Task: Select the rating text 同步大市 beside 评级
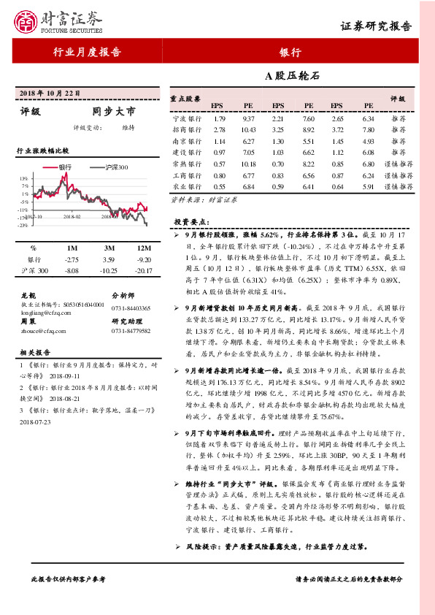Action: point(114,112)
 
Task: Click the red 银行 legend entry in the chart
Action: point(60,167)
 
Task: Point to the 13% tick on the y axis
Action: point(24,178)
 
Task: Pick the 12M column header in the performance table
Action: point(143,248)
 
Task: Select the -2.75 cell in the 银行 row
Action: point(71,260)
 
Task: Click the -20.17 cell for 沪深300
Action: point(143,271)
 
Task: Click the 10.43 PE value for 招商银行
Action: point(248,129)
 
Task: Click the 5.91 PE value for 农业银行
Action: point(368,187)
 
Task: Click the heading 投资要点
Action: point(191,221)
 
